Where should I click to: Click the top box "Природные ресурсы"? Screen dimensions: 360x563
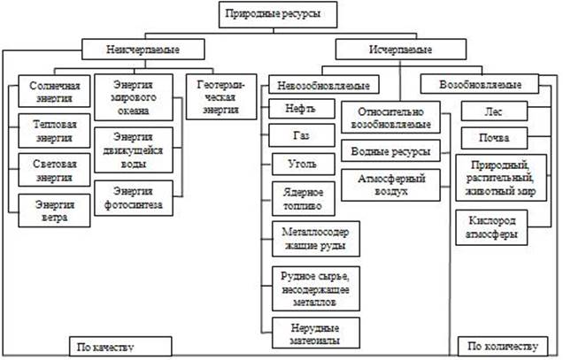point(281,15)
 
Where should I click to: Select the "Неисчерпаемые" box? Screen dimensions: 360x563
point(143,49)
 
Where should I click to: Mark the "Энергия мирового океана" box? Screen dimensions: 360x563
point(138,98)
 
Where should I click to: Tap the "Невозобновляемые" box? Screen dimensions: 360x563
point(317,86)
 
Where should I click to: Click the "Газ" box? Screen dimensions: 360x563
point(295,140)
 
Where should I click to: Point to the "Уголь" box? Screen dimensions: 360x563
point(295,166)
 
